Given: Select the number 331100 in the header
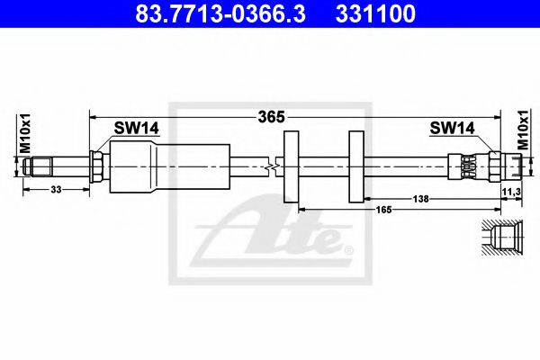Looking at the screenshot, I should [x=375, y=14].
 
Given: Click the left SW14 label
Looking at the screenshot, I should [x=136, y=129].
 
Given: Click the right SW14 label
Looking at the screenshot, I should [x=452, y=129].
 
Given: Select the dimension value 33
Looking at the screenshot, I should [x=56, y=190].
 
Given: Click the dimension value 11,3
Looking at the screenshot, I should [x=509, y=193].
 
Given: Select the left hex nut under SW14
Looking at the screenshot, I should [x=97, y=166].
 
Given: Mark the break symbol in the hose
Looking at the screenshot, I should [x=274, y=166].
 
